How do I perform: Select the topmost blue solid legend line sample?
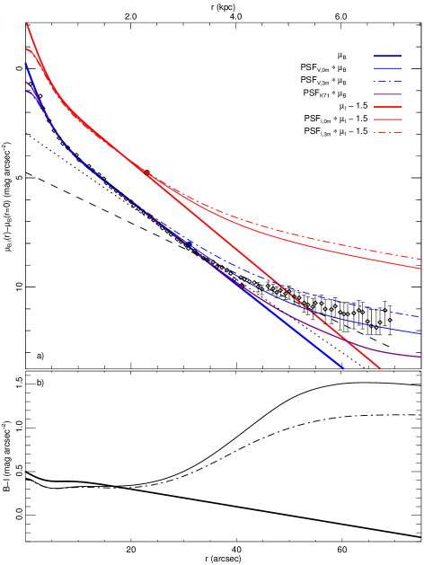(x=387, y=56)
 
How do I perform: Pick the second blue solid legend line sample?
(x=387, y=68)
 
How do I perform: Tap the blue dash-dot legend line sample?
(x=387, y=82)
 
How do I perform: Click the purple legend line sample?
(x=387, y=94)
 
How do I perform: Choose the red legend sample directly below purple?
(x=387, y=107)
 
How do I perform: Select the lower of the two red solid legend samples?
(x=387, y=119)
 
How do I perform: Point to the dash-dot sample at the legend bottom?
(x=387, y=133)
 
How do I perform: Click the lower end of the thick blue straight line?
(x=342, y=367)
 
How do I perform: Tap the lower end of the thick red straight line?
(x=379, y=367)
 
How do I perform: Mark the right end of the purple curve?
(x=420, y=357)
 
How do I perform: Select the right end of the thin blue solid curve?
(x=420, y=333)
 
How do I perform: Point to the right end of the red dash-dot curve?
(x=420, y=259)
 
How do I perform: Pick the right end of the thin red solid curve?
(x=420, y=268)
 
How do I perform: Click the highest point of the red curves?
(x=27, y=23)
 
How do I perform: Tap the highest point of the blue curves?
(x=26, y=64)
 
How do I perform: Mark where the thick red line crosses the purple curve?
(x=347, y=339)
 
